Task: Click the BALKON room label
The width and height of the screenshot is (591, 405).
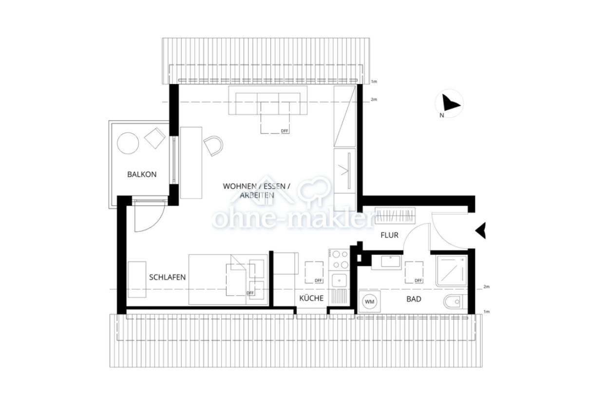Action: coord(142,174)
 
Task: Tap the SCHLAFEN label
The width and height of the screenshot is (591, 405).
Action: coord(167,277)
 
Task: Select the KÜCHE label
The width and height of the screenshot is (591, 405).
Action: coord(311,298)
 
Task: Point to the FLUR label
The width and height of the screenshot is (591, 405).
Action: coord(389,235)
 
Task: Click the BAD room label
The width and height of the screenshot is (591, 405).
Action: coord(414,299)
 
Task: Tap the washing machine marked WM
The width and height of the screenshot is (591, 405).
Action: coord(370,302)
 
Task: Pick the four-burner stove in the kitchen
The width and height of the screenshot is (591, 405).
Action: coord(339,260)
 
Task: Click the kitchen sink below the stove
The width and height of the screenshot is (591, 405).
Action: coord(339,280)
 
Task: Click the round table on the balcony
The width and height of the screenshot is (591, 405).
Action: coord(128,143)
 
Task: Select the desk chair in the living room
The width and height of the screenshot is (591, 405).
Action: coord(213,145)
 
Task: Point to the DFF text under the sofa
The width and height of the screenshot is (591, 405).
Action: coord(285,131)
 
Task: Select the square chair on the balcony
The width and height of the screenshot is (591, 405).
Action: coord(155,138)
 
